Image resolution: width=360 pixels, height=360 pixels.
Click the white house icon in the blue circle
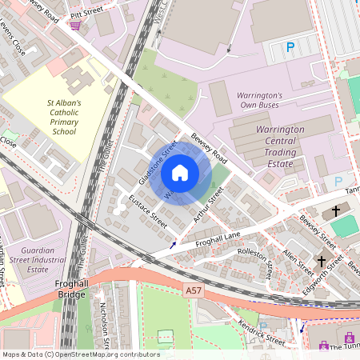(x=180, y=173)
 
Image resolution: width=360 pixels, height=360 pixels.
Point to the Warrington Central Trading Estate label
(x=279, y=142)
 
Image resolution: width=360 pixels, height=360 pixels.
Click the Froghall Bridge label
(x=77, y=289)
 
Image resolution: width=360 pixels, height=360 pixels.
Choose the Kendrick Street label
(x=261, y=333)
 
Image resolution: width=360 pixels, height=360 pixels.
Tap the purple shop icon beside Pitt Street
(x=75, y=26)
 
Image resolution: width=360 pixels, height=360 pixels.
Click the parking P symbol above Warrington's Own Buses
(x=290, y=48)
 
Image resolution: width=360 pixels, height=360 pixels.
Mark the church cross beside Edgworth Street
(x=321, y=261)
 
